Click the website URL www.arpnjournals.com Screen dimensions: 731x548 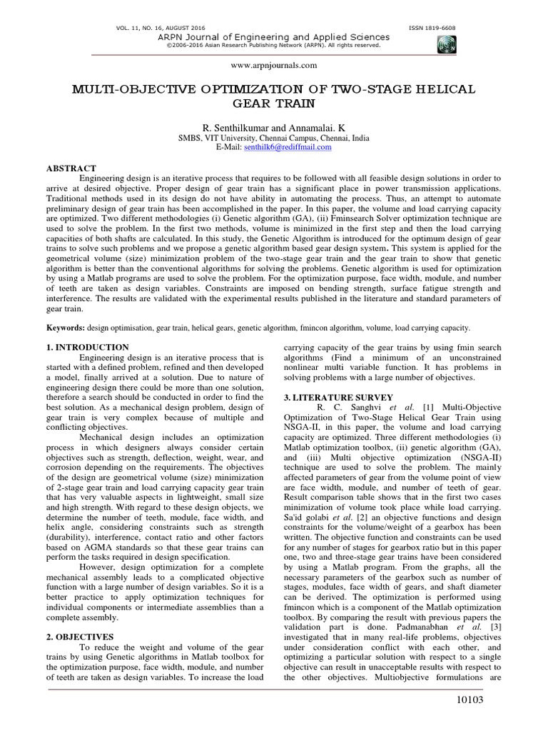274,65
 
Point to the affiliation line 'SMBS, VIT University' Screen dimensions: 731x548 274,137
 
